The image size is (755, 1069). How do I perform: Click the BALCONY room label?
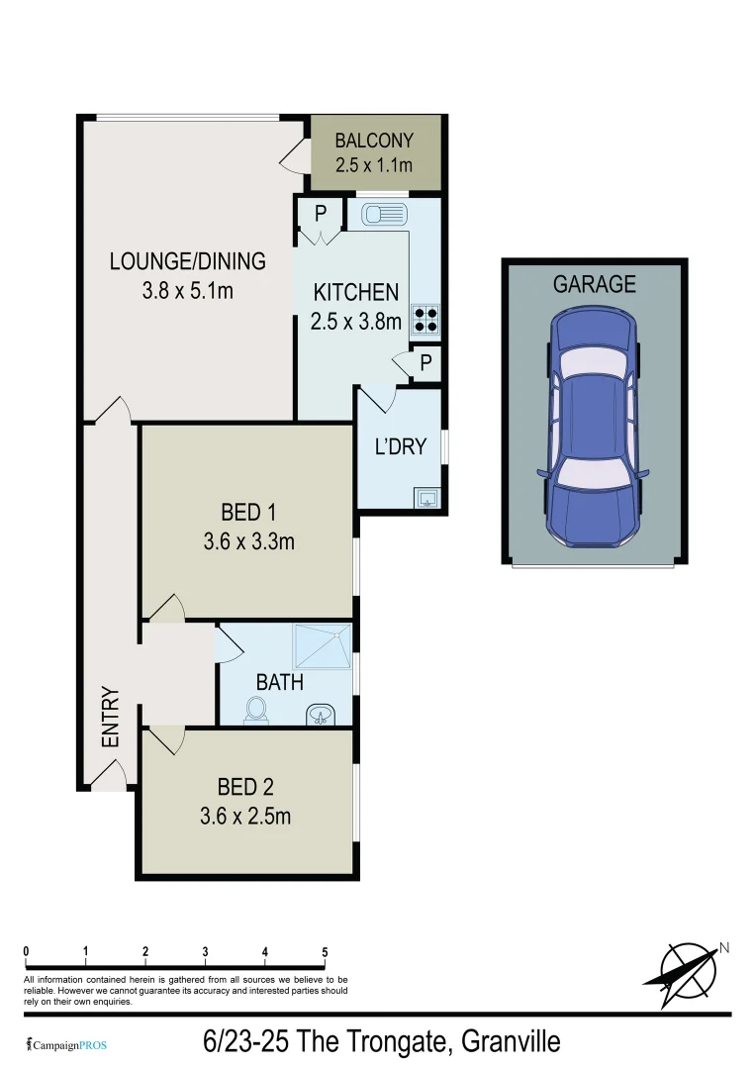pos(373,141)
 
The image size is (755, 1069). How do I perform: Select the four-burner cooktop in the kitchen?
pos(426,318)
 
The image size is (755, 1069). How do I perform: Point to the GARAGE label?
pos(594,285)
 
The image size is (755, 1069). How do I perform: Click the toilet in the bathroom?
pos(256,711)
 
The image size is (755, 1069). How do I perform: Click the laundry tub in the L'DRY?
pos(427,497)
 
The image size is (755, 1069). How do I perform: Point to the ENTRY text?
pos(110,718)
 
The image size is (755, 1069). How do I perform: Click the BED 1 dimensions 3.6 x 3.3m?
pos(249,541)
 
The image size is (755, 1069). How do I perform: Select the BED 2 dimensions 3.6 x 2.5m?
pos(246,817)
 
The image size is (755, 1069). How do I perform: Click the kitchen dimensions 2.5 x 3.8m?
pos(356,321)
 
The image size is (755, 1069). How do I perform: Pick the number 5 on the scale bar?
pos(325,952)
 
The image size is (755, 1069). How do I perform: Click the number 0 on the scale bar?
pos(26,952)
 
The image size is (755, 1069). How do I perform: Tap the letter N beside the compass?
pos(723,947)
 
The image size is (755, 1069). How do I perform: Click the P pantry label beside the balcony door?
pos(320,212)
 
